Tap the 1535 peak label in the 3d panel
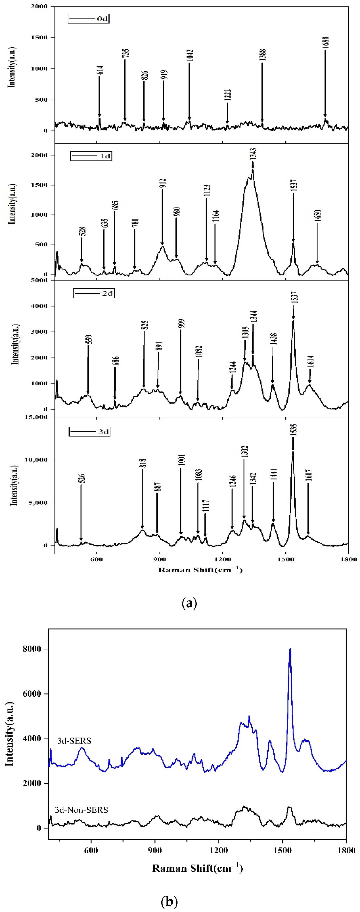coord(293,430)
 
